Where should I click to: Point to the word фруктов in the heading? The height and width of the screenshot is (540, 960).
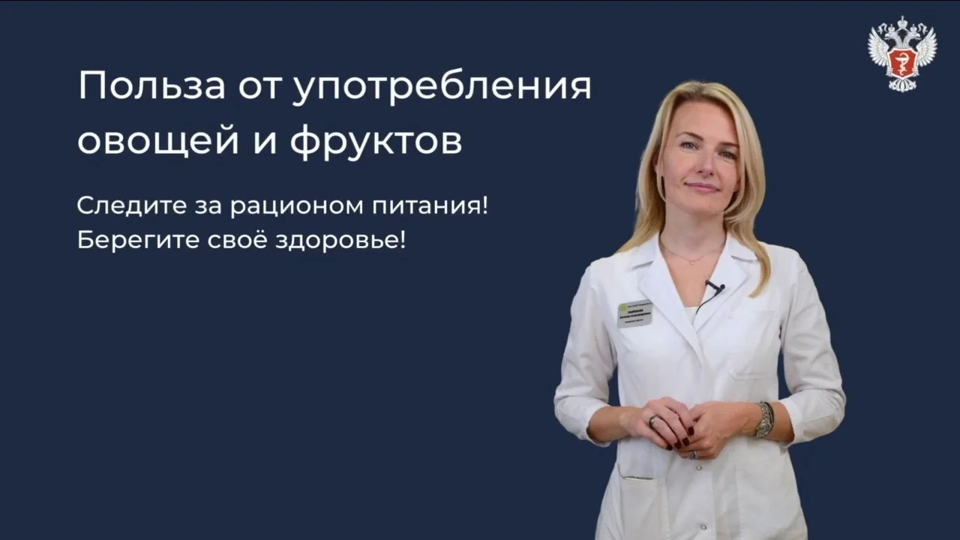[x=376, y=142]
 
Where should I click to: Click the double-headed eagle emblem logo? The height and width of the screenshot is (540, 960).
[x=902, y=54]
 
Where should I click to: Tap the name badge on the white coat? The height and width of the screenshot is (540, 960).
[x=634, y=313]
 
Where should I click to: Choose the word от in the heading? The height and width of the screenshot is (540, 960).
[x=258, y=88]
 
